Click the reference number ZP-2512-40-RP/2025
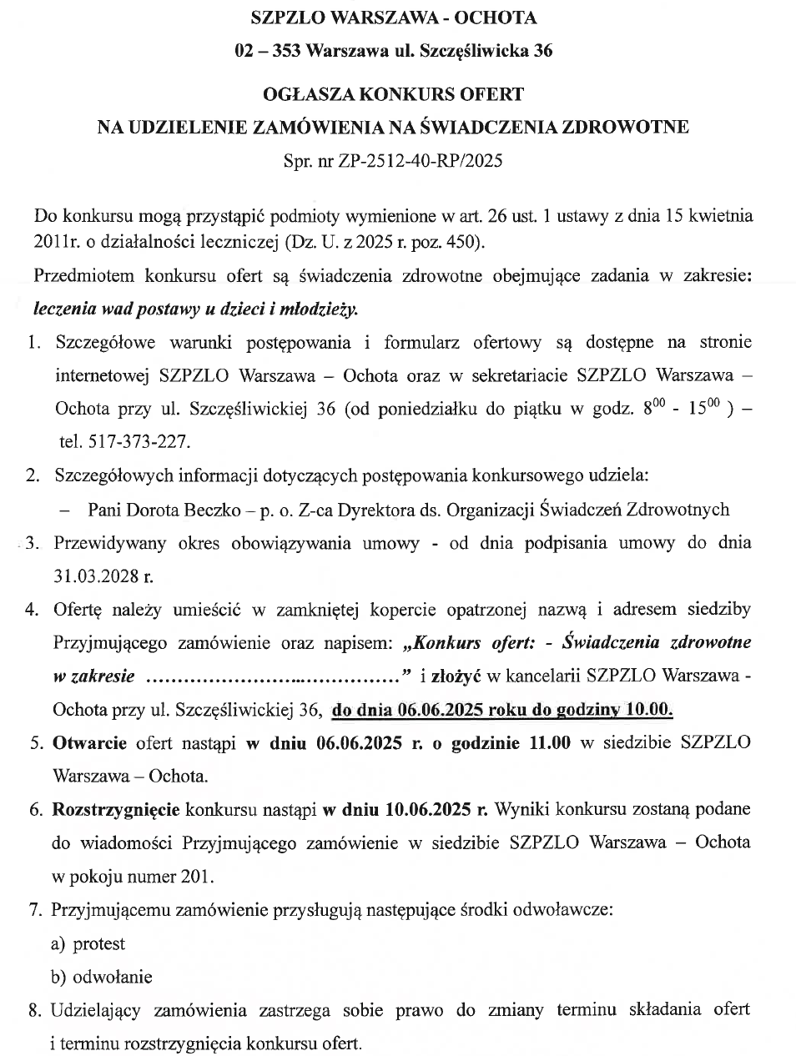[x=421, y=161]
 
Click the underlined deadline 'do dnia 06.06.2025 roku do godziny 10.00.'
[x=502, y=710]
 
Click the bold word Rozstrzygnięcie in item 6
[x=115, y=809]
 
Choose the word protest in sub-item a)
[x=99, y=943]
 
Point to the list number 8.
[x=34, y=1010]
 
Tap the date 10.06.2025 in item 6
[x=431, y=809]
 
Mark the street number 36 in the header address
[x=543, y=51]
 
